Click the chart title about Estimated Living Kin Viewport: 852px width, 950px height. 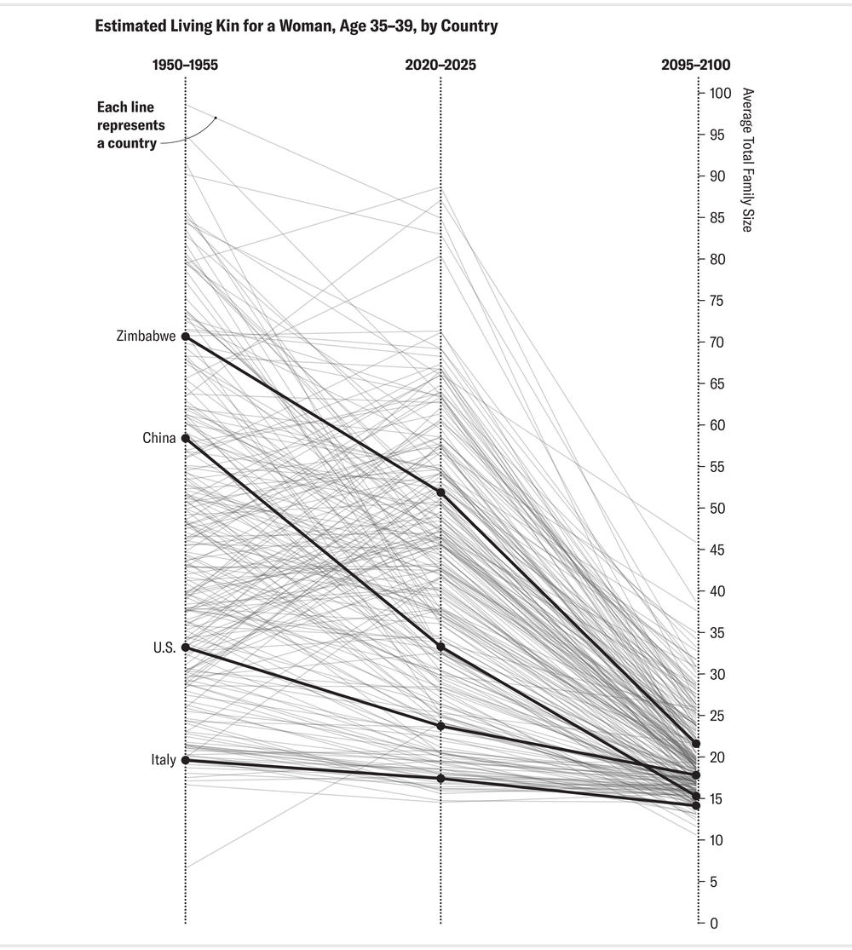tap(296, 26)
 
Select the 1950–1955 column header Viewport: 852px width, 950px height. tap(185, 65)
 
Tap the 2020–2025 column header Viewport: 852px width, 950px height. tap(440, 65)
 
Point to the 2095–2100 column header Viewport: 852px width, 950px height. tap(695, 65)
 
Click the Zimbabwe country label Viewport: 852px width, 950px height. tap(146, 337)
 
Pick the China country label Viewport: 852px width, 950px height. tap(159, 439)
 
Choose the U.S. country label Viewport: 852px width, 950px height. tap(164, 648)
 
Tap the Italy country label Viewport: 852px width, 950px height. tap(163, 760)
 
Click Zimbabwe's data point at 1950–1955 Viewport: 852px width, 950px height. tap(185, 337)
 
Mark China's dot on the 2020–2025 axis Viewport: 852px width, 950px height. tap(440, 647)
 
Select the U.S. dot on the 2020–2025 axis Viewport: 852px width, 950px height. tap(440, 726)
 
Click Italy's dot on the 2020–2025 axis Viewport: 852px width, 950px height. tap(440, 779)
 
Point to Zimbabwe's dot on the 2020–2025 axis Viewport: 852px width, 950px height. tap(440, 492)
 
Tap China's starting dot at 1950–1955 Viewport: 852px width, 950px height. tap(185, 439)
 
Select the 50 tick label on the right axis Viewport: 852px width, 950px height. tap(715, 509)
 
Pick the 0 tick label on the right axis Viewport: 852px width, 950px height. tap(712, 924)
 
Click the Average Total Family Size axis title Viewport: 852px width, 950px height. tap(747, 160)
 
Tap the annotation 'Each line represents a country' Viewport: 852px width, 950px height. tap(130, 126)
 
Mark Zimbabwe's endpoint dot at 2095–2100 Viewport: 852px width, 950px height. tap(696, 744)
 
